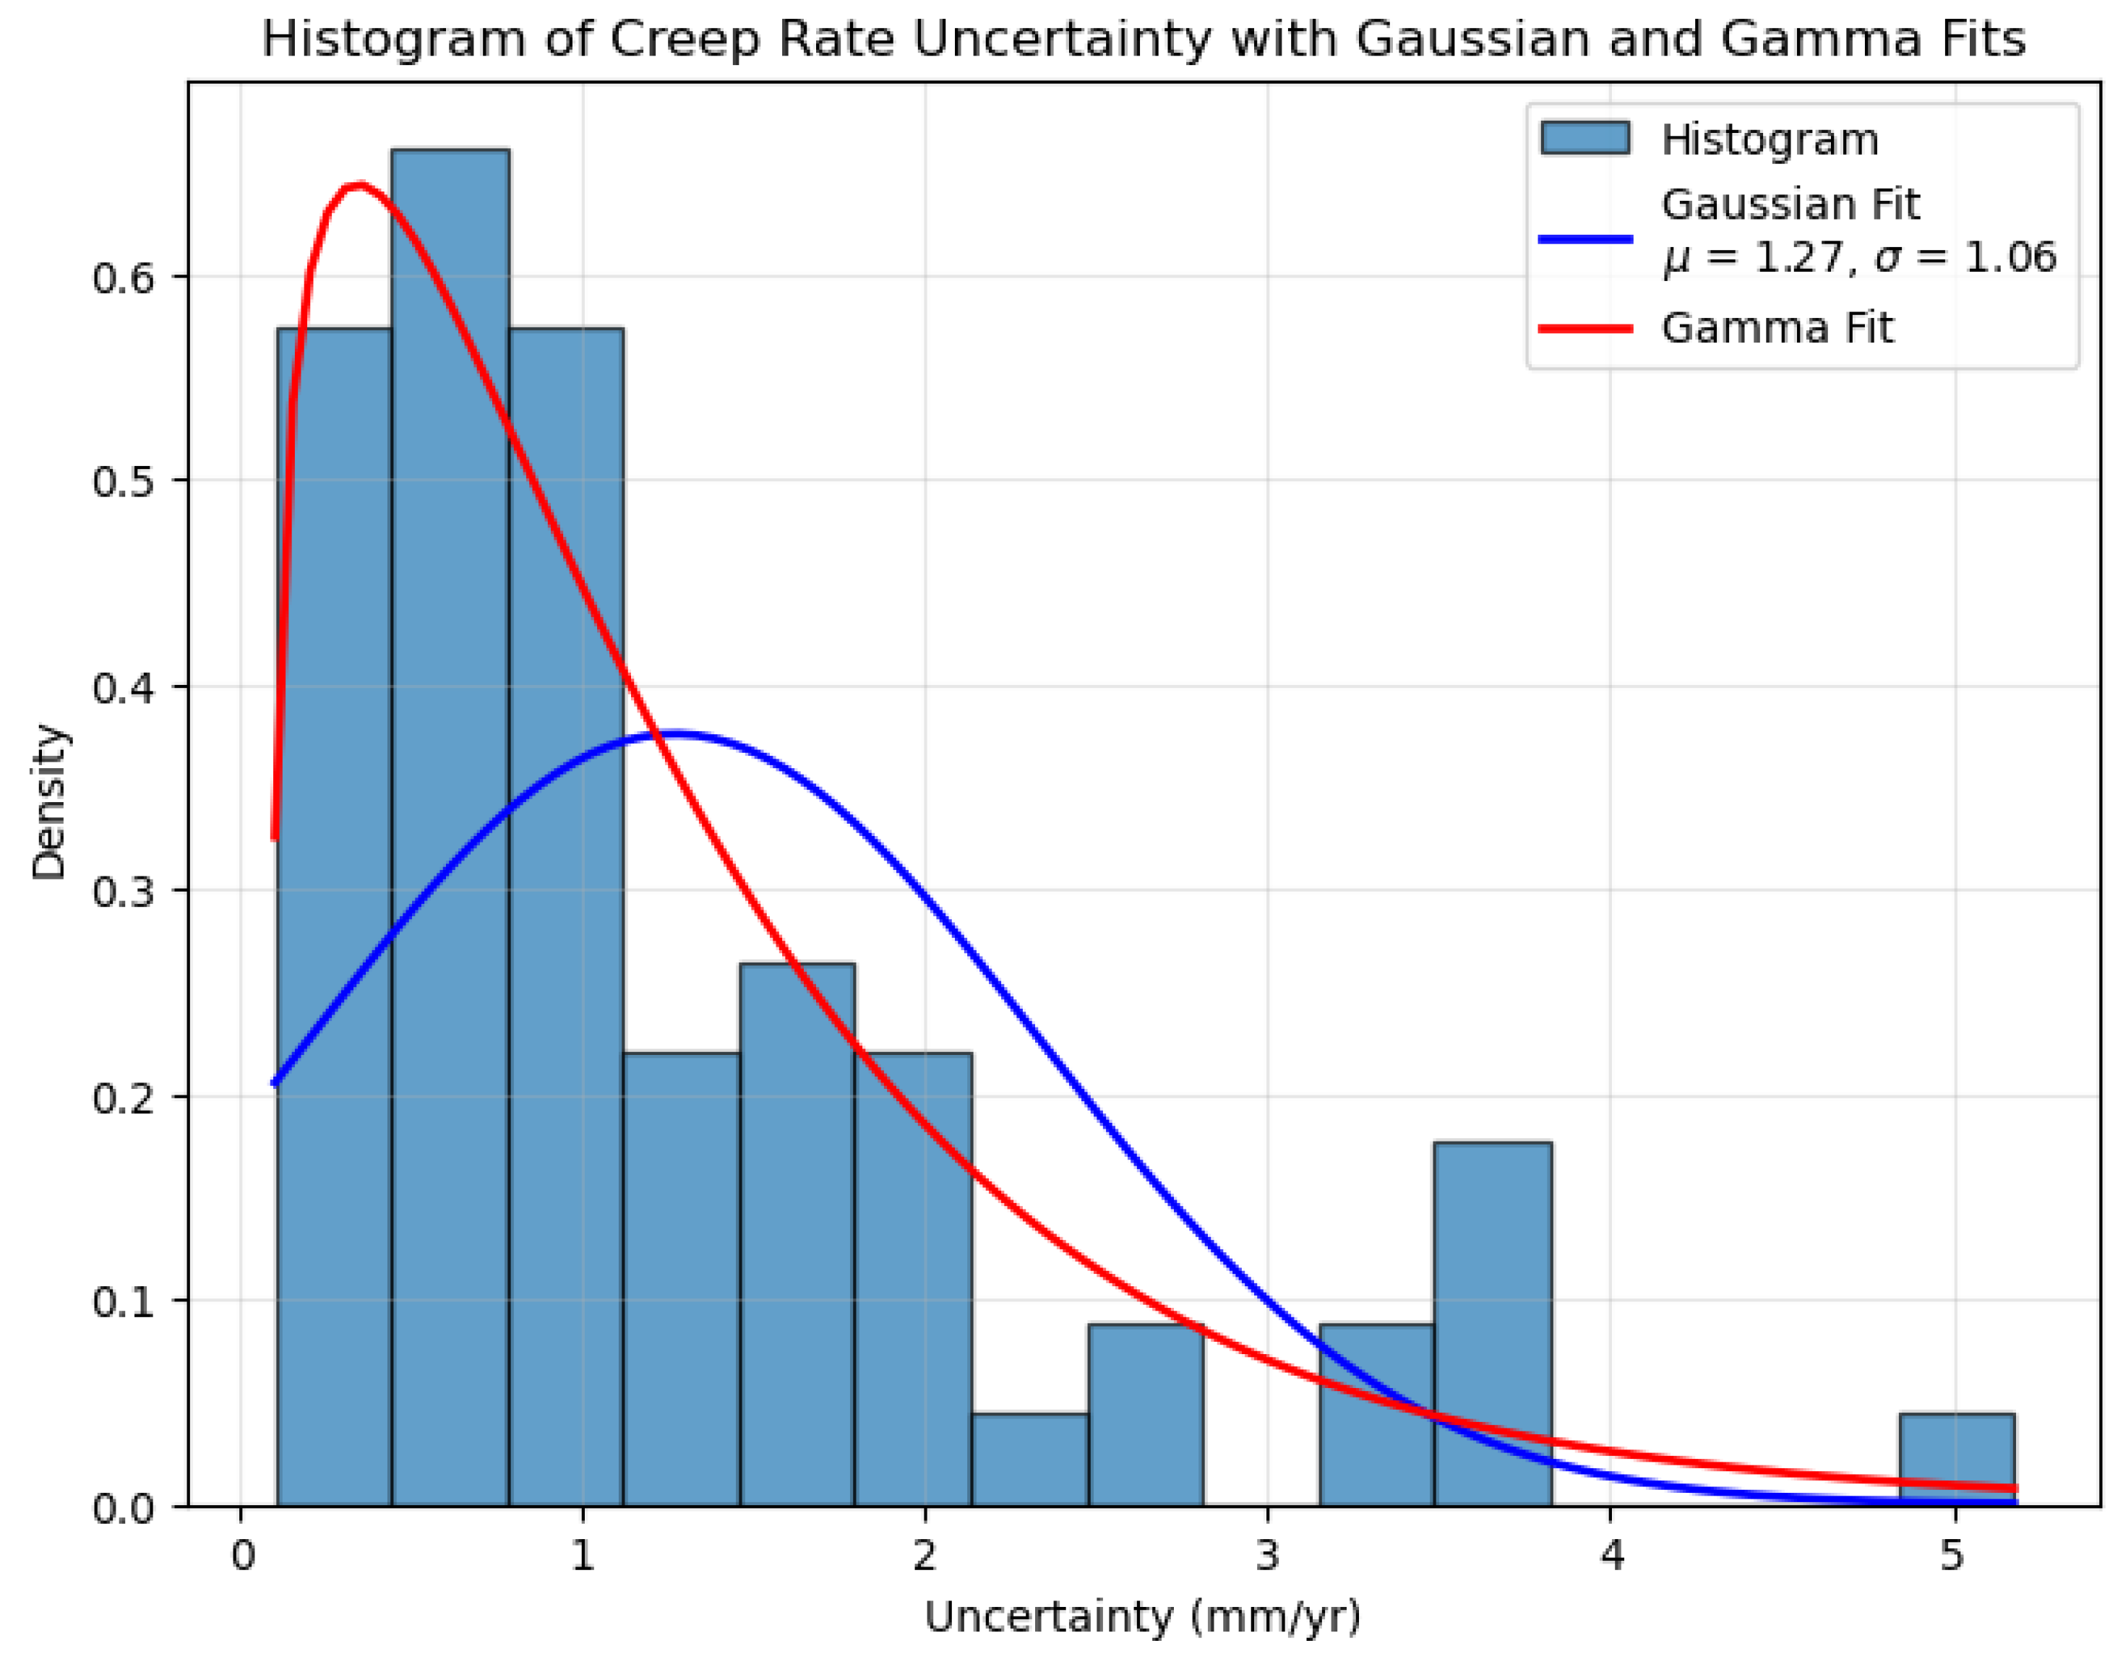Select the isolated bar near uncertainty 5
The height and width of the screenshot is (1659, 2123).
tap(1956, 1459)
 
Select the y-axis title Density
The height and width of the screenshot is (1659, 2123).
tap(48, 802)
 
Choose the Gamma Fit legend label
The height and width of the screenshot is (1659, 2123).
tap(1776, 329)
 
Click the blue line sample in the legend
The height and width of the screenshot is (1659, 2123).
tap(1584, 239)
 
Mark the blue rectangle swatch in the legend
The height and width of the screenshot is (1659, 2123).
tap(1584, 139)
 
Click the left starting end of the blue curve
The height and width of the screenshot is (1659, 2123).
tap(275, 1082)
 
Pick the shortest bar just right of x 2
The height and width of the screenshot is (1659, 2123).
tap(1029, 1459)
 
